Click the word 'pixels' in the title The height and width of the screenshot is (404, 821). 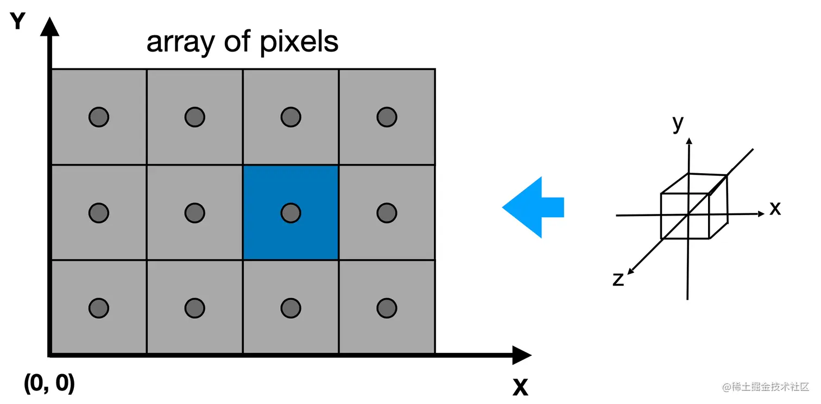tap(299, 42)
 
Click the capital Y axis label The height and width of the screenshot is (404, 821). tap(18, 22)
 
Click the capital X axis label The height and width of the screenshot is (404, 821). tap(520, 387)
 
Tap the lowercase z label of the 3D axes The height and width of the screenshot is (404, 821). tap(618, 279)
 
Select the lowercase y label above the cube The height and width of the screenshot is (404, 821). tap(678, 124)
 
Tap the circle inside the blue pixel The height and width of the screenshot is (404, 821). tap(291, 212)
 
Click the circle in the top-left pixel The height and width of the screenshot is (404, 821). tap(99, 116)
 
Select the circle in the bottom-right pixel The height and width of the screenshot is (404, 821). tap(387, 308)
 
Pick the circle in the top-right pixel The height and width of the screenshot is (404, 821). tap(387, 116)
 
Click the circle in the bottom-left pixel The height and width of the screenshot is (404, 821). tap(99, 308)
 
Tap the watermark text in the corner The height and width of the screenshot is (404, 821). tap(766, 387)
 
